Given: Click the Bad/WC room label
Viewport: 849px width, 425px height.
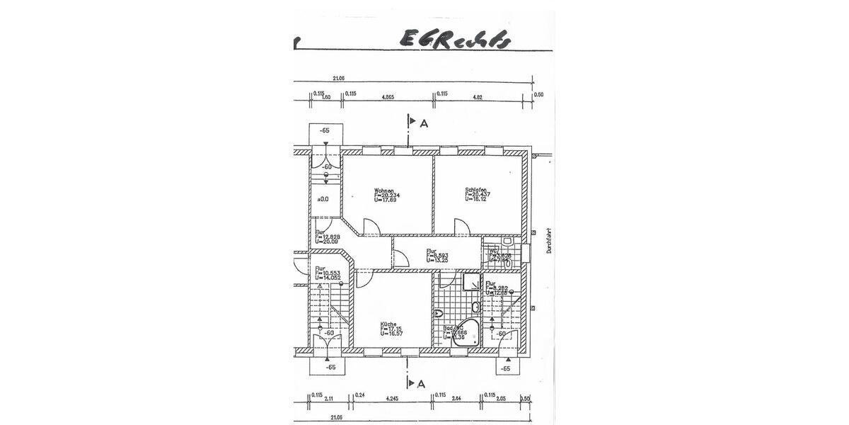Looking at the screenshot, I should click(453, 329).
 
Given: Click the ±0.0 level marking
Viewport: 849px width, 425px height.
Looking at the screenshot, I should click(322, 199).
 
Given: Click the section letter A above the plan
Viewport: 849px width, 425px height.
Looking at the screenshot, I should click(424, 123).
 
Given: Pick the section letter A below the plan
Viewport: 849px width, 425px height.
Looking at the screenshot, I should click(422, 384).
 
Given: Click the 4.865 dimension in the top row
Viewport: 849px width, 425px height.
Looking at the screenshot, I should click(388, 97).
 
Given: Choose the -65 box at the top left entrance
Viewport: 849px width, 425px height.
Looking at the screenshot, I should click(325, 131).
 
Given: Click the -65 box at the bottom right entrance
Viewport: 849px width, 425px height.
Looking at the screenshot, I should click(505, 368).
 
